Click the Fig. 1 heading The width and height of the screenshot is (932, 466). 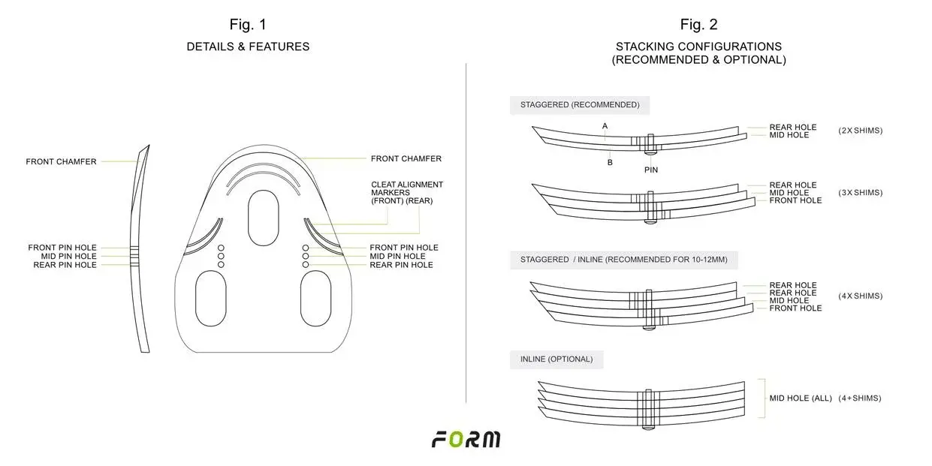point(248,25)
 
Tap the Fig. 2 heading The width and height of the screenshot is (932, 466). point(698,25)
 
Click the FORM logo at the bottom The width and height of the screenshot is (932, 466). point(466,440)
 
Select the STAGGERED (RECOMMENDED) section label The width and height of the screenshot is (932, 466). point(580,105)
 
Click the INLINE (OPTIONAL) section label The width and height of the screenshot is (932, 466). point(556,359)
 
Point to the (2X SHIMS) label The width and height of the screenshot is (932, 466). point(860,131)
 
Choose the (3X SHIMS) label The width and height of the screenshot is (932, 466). point(860,192)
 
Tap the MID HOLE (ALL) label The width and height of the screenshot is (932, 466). point(800,398)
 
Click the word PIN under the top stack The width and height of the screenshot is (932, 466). point(651,170)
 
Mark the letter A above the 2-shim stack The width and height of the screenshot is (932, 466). point(605,125)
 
